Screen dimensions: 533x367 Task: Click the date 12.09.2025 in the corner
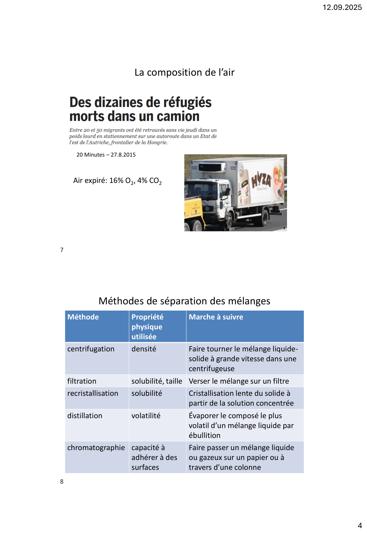pyautogui.click(x=342, y=7)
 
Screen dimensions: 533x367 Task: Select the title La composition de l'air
pyautogui.click(x=184, y=72)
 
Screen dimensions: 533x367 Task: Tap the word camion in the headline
pyautogui.click(x=178, y=116)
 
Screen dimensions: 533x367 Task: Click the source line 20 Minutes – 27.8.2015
pyautogui.click(x=106, y=155)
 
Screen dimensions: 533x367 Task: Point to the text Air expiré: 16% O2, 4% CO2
pyautogui.click(x=117, y=181)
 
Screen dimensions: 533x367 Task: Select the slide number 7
pyautogui.click(x=62, y=250)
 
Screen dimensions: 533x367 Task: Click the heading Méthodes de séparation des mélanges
pyautogui.click(x=184, y=301)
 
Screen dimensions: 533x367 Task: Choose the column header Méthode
pyautogui.click(x=83, y=317)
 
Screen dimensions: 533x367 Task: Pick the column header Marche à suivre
pyautogui.click(x=216, y=317)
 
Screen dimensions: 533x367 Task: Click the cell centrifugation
pyautogui.click(x=91, y=349)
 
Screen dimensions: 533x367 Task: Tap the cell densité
pyautogui.click(x=144, y=349)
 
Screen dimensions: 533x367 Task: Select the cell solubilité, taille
pyautogui.click(x=157, y=381)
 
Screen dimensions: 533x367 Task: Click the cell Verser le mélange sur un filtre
pyautogui.click(x=239, y=381)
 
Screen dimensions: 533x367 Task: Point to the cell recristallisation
pyautogui.click(x=93, y=393)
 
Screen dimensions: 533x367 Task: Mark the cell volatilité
pyautogui.click(x=146, y=416)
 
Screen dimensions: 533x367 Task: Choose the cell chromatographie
pyautogui.click(x=96, y=447)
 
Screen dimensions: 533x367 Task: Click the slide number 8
pyautogui.click(x=62, y=482)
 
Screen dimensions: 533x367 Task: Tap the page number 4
pyautogui.click(x=360, y=525)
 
